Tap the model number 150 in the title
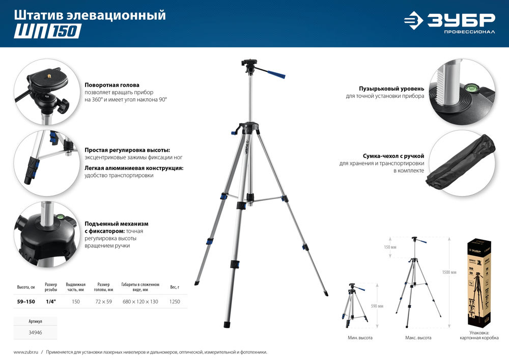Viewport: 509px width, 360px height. click(65, 32)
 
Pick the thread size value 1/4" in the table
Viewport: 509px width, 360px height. click(51, 302)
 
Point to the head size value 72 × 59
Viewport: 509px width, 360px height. click(103, 302)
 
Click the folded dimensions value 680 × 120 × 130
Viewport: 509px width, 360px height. click(140, 302)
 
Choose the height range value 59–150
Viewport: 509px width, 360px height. click(25, 302)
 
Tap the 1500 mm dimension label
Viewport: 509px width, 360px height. click(449, 272)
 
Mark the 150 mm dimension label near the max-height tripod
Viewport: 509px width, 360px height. click(390, 247)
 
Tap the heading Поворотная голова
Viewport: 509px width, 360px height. click(112, 85)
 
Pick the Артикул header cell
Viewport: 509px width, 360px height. click(35, 322)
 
